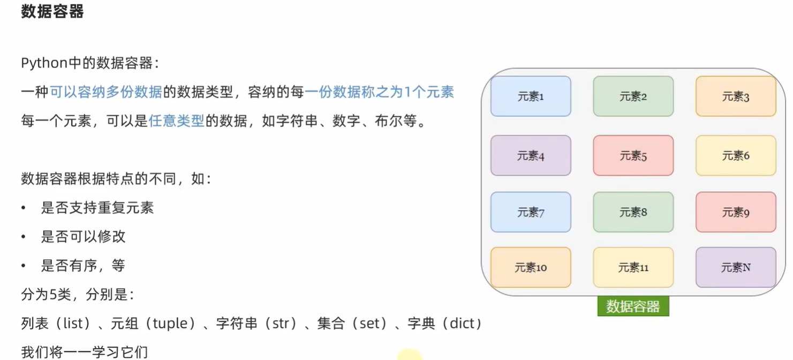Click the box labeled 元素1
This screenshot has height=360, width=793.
click(x=531, y=96)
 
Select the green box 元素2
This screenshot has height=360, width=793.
click(x=633, y=96)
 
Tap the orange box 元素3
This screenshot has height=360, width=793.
click(x=736, y=96)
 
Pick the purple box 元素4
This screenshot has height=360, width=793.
click(x=531, y=156)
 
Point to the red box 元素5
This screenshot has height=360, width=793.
click(x=633, y=156)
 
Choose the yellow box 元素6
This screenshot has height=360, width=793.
click(x=736, y=156)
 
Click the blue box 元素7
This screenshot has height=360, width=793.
click(x=531, y=212)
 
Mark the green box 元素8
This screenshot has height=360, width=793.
click(x=633, y=212)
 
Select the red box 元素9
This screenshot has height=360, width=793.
click(x=736, y=212)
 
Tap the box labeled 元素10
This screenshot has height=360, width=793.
click(x=531, y=267)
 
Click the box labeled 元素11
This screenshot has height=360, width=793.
click(x=633, y=267)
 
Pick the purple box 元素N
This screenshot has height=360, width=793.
click(x=736, y=267)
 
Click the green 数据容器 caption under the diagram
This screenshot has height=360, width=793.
click(x=633, y=306)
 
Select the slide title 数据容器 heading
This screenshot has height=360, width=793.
click(x=52, y=11)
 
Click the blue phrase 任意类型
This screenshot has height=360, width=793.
click(x=176, y=121)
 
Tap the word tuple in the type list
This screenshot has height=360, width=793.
click(x=170, y=324)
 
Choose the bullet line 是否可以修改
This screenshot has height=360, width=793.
click(x=83, y=236)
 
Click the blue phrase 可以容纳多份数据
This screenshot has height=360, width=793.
click(x=106, y=92)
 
